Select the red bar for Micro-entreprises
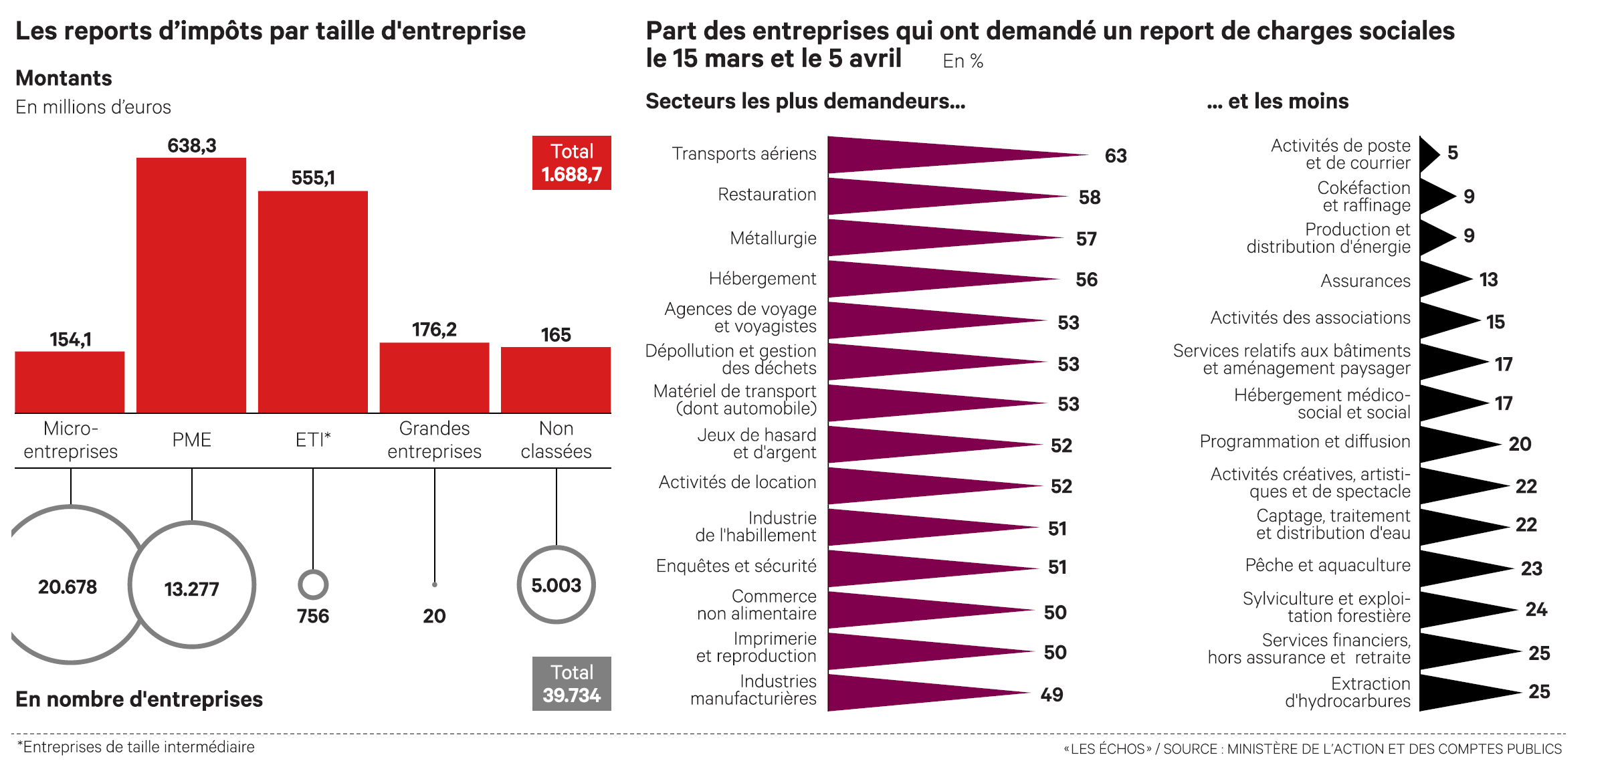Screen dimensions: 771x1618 (70, 382)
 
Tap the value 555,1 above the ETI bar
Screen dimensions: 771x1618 (313, 178)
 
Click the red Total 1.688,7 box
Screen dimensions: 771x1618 (572, 163)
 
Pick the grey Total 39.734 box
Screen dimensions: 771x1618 (572, 683)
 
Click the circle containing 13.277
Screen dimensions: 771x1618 (192, 585)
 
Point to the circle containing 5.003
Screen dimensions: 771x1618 (556, 585)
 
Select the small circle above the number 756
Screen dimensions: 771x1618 (313, 584)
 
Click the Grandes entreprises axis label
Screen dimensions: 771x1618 (434, 440)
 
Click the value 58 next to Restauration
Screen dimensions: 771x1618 (1090, 197)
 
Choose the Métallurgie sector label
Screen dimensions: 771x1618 (773, 239)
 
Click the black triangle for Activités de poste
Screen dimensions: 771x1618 (1428, 154)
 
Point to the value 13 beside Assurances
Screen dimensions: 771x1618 (1488, 280)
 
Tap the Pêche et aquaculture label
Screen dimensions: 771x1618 (1328, 566)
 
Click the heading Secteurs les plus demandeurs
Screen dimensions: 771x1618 (805, 101)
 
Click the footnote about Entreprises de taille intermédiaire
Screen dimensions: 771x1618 (136, 747)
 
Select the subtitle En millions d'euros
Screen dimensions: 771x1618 (94, 107)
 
